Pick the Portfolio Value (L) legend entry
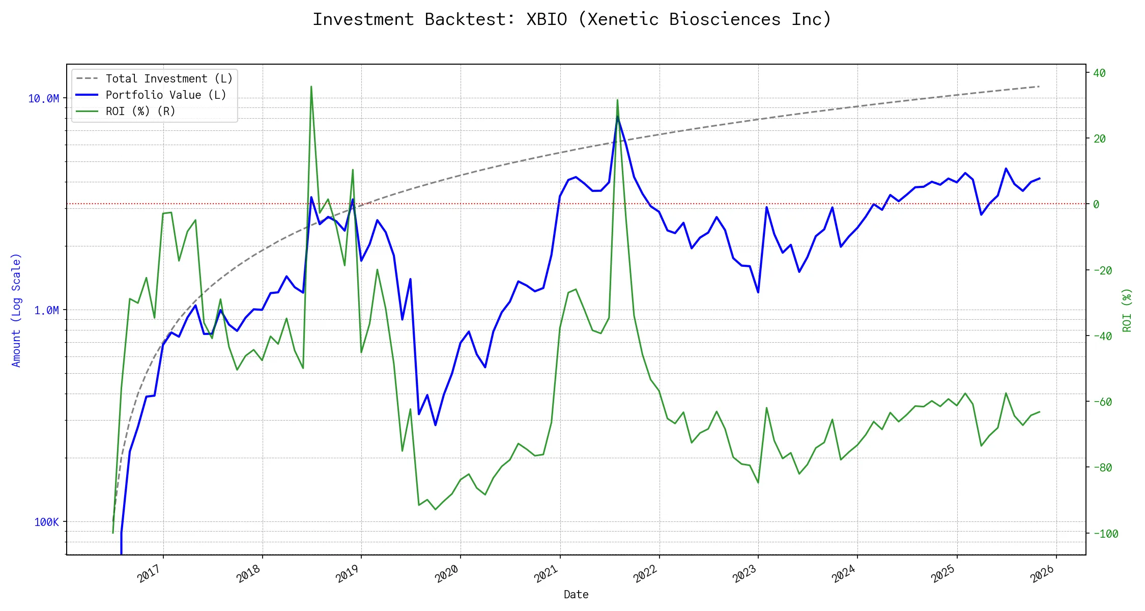[165, 95]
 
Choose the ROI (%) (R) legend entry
[140, 112]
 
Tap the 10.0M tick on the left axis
[43, 99]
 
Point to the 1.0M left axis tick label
[46, 311]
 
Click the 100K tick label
[46, 522]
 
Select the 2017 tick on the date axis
[149, 574]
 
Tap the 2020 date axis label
[447, 574]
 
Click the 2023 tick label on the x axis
[745, 574]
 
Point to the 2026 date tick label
[1042, 574]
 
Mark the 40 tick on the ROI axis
[1099, 73]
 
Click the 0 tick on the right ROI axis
[1096, 205]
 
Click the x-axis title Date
[576, 595]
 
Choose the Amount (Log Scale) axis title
[16, 310]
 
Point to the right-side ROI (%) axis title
[1127, 310]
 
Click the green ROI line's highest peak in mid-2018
[311, 87]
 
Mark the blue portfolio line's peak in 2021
[617, 117]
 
